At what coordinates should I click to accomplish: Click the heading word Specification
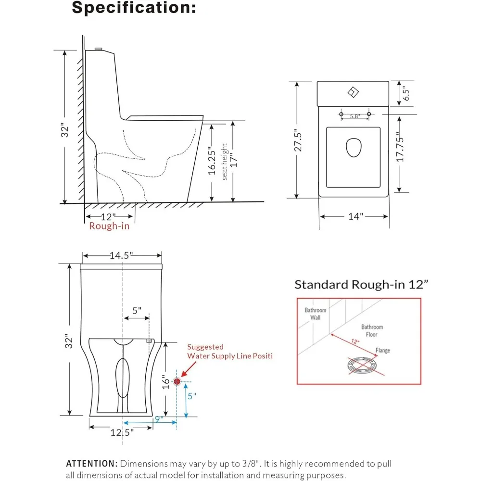(x=134, y=7)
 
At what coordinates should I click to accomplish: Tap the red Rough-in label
(x=109, y=226)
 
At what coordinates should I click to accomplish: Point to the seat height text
(x=225, y=162)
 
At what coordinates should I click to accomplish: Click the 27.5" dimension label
(x=298, y=140)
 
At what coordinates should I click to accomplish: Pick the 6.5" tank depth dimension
(x=406, y=93)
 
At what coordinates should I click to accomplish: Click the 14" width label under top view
(x=355, y=216)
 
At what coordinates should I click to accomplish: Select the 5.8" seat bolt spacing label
(x=355, y=116)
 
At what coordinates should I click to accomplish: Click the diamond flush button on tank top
(x=353, y=92)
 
